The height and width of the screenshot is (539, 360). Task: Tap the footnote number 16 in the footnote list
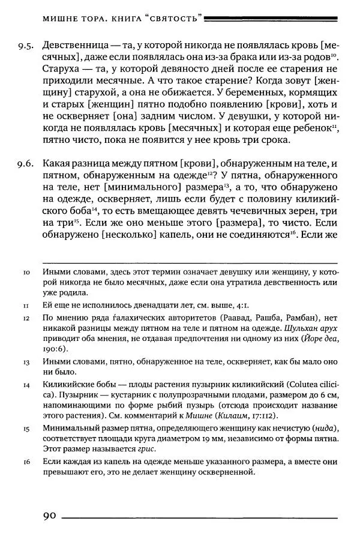click(26, 462)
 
